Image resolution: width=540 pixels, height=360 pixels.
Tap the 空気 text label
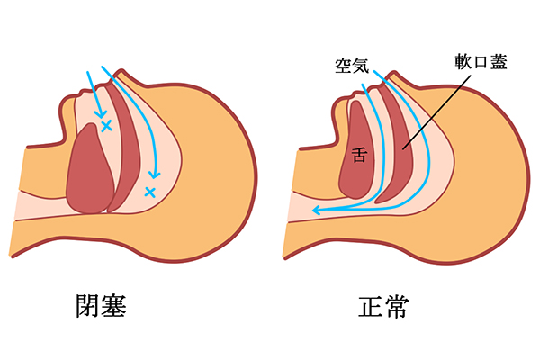[347, 65]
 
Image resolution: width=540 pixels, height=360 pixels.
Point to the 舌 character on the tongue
[359, 155]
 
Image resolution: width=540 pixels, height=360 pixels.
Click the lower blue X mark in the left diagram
[149, 191]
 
